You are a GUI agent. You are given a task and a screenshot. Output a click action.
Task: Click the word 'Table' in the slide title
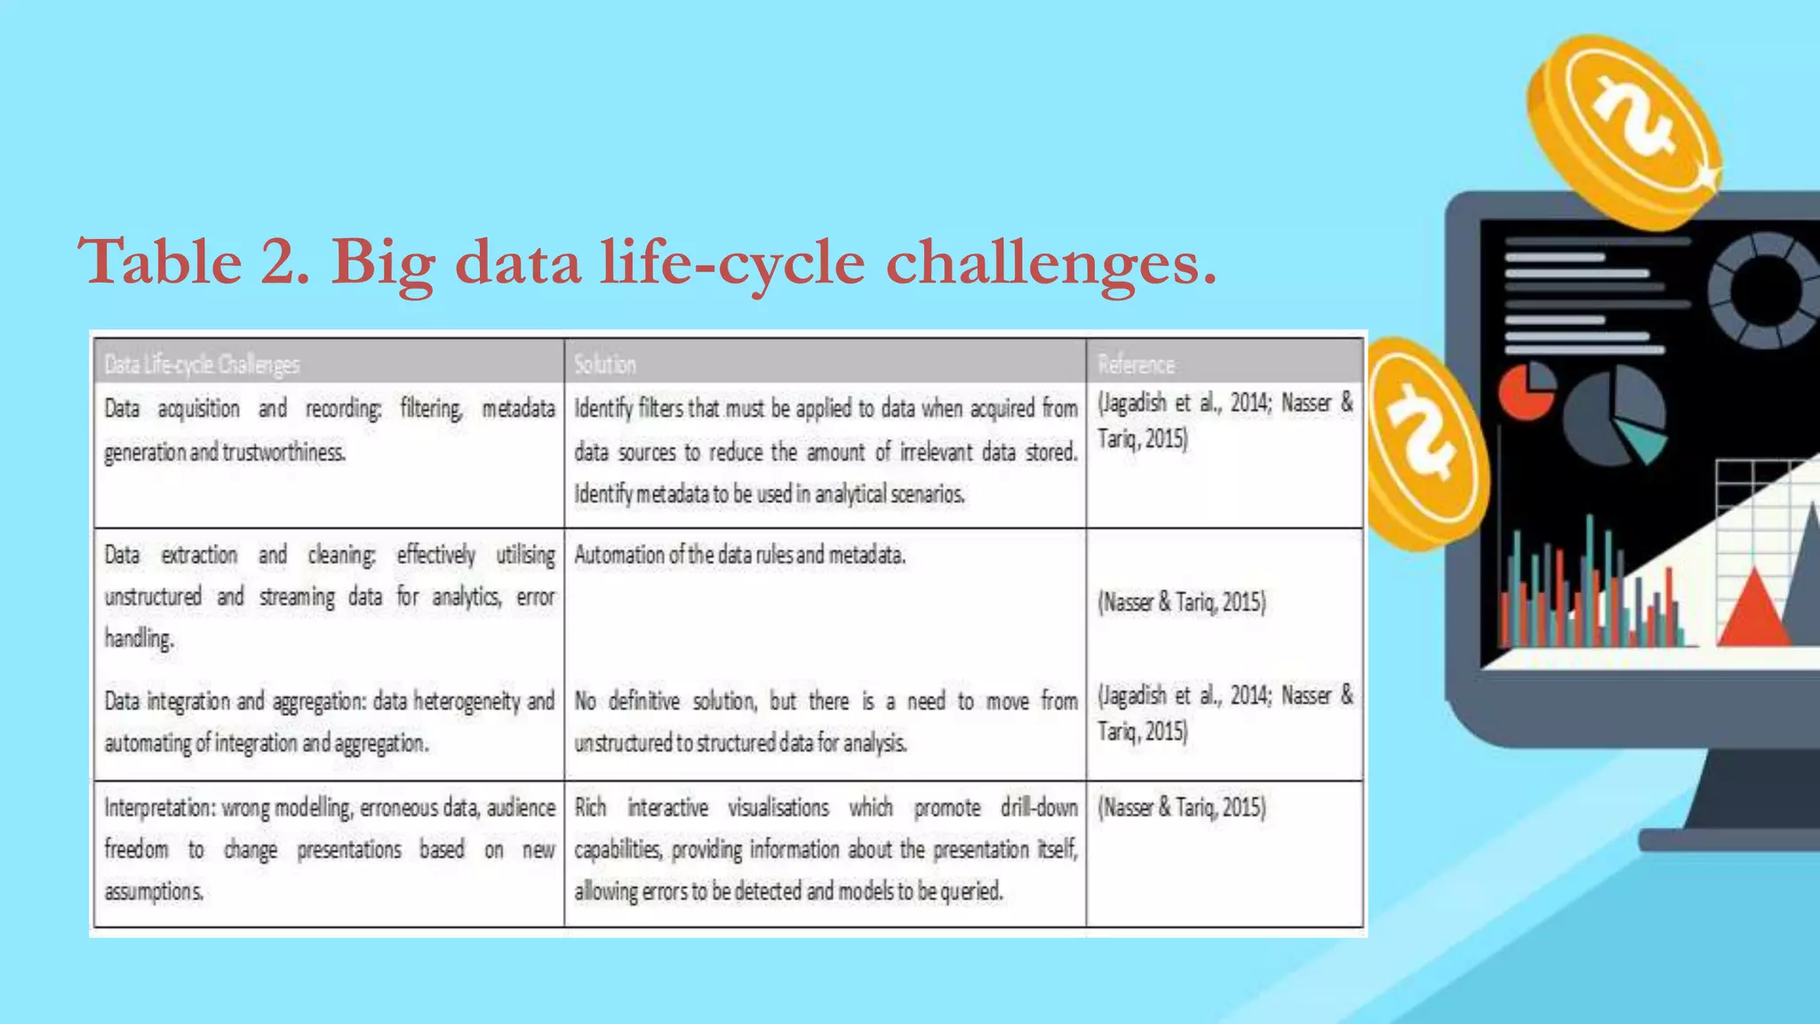click(160, 262)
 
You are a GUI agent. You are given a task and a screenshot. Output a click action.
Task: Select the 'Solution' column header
click(604, 364)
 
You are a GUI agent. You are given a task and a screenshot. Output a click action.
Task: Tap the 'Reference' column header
click(1136, 364)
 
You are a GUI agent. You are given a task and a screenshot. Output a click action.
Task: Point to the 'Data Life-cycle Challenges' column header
click(202, 364)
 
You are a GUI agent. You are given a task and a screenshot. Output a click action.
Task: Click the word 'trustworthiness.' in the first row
click(284, 452)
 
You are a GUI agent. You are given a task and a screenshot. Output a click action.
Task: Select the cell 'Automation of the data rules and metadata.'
click(739, 555)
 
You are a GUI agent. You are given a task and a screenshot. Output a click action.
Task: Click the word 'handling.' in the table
click(139, 638)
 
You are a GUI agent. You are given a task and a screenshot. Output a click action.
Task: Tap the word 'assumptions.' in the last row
click(154, 891)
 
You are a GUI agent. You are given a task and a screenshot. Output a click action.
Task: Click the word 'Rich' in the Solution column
click(590, 807)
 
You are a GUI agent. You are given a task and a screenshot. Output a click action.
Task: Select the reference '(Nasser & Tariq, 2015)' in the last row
click(1181, 807)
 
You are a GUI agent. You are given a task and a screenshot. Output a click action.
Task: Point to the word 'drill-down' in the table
click(1039, 807)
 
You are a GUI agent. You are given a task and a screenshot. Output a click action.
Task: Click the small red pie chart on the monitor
click(1525, 391)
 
